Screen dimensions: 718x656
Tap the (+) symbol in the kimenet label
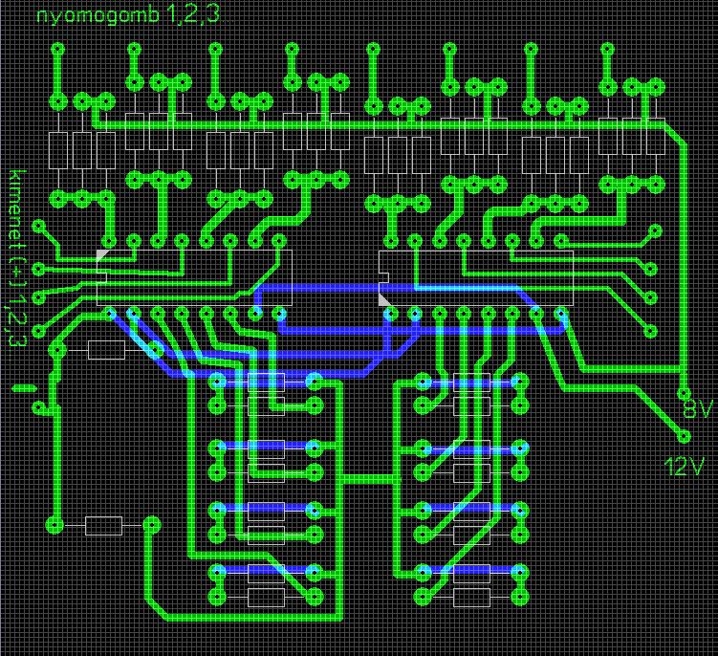pyautogui.click(x=16, y=276)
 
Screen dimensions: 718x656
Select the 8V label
pyautogui.click(x=697, y=410)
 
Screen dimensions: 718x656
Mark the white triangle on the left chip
pyautogui.click(x=101, y=253)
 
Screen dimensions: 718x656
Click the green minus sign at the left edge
pyautogui.click(x=26, y=388)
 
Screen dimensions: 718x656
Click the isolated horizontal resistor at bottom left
pyautogui.click(x=103, y=525)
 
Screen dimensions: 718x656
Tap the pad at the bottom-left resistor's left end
pyautogui.click(x=54, y=525)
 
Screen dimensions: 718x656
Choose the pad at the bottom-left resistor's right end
pyautogui.click(x=152, y=525)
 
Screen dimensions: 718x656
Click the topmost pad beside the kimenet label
pyautogui.click(x=39, y=227)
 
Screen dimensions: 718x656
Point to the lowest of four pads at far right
pyautogui.click(x=654, y=331)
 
